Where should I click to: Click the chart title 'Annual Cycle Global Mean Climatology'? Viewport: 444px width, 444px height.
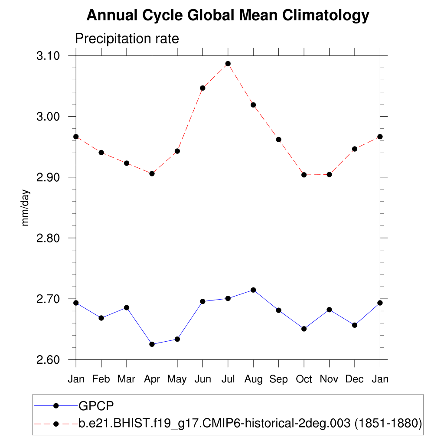pyautogui.click(x=228, y=16)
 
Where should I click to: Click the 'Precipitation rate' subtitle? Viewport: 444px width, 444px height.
pyautogui.click(x=127, y=39)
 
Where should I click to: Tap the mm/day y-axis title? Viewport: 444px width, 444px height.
pyautogui.click(x=26, y=208)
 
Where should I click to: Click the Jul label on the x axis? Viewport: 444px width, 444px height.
pyautogui.click(x=228, y=379)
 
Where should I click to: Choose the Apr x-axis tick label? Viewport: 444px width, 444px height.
pyautogui.click(x=152, y=379)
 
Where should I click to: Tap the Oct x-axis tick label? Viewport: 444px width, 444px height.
pyautogui.click(x=304, y=379)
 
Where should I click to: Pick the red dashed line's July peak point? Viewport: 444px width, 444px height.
pyautogui.click(x=228, y=64)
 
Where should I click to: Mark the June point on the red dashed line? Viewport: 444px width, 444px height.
pyautogui.click(x=202, y=88)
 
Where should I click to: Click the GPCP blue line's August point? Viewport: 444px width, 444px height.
pyautogui.click(x=253, y=290)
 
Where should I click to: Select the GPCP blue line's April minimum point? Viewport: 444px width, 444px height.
pyautogui.click(x=152, y=344)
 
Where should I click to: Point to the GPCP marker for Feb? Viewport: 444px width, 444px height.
pyautogui.click(x=101, y=318)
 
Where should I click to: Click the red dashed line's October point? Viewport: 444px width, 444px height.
pyautogui.click(x=304, y=175)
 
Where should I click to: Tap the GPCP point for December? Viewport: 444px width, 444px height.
pyautogui.click(x=355, y=325)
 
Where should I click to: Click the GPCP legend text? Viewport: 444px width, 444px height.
pyautogui.click(x=96, y=406)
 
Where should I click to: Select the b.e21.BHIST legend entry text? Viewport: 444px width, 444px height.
pyautogui.click(x=250, y=423)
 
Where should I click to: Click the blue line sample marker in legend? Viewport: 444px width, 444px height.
pyautogui.click(x=56, y=406)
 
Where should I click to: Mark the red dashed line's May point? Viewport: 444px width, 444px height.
pyautogui.click(x=177, y=151)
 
